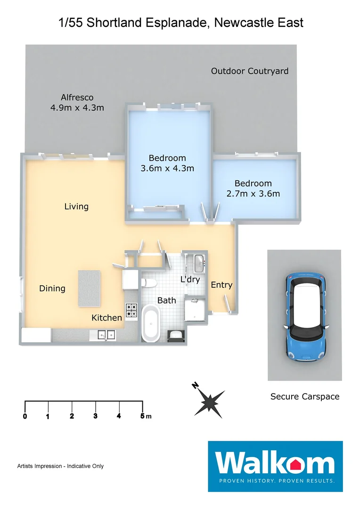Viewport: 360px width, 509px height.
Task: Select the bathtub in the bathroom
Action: (x=152, y=323)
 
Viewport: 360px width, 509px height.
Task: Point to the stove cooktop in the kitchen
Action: (x=131, y=310)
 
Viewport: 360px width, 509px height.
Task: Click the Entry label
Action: (x=221, y=285)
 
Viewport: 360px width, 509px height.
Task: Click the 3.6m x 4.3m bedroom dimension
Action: (x=167, y=168)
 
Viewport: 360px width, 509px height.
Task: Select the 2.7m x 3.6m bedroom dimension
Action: (x=253, y=193)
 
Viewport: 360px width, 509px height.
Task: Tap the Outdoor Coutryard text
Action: (x=249, y=71)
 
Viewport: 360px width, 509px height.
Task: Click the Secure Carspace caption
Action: (x=304, y=396)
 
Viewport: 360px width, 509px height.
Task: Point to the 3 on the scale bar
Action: (x=95, y=416)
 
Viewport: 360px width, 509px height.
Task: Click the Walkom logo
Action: (x=275, y=465)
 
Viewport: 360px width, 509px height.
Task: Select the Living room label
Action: (x=76, y=206)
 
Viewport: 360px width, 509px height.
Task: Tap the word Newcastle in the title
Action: (x=240, y=22)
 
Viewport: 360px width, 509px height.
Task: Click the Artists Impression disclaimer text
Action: (x=60, y=466)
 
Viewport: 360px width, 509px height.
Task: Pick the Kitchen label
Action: (x=106, y=318)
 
